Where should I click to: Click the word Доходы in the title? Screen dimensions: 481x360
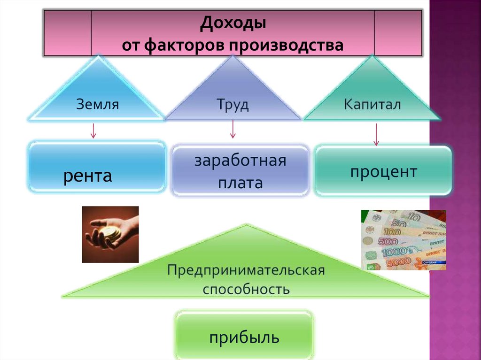pos(233,23)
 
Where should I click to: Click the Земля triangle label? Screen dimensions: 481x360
pos(97,104)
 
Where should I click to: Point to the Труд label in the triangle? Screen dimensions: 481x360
pos(233,104)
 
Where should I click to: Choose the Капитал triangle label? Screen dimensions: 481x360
pos(372,104)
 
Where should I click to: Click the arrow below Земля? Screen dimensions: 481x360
pos(93,130)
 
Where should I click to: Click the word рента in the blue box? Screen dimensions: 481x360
pos(88,176)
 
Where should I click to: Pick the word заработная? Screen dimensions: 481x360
pos(240,161)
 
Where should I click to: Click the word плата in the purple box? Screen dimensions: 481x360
pos(240,183)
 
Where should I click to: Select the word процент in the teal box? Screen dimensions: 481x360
pos(383,172)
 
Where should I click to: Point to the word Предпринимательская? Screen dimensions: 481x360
pos(246,270)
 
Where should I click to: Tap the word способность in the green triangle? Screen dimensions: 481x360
pos(246,288)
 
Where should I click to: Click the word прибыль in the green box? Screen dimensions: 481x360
pos(244,337)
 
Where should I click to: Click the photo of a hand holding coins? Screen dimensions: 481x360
pos(110,234)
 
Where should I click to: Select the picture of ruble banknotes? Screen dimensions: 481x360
pos(403,240)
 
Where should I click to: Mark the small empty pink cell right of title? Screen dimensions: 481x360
pos(397,33)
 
